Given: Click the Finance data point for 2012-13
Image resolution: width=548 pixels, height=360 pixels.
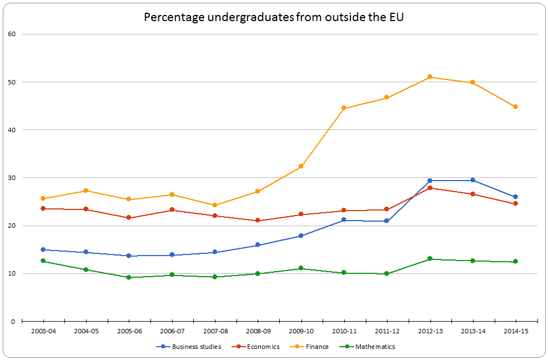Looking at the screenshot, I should [x=430, y=77].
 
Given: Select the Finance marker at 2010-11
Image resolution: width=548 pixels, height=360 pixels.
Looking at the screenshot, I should [x=344, y=108].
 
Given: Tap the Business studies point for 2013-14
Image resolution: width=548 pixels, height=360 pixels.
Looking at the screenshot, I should [x=472, y=180].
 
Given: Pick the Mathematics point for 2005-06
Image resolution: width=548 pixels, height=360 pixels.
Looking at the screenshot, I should [x=129, y=277].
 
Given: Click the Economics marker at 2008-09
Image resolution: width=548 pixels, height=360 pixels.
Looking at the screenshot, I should [x=258, y=221].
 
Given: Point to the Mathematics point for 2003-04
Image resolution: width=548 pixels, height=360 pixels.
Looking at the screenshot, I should [x=43, y=261].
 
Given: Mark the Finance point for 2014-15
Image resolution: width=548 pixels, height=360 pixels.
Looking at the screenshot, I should [x=515, y=107].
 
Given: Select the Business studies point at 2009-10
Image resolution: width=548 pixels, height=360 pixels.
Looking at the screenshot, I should [x=301, y=236].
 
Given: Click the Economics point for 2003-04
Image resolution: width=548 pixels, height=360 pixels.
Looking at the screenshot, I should [x=43, y=208].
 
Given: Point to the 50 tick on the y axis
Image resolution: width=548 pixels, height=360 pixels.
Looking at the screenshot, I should [x=11, y=82].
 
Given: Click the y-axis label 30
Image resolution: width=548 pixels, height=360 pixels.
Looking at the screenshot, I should [x=11, y=178].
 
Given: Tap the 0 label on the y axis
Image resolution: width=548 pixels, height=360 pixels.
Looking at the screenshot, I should [x=13, y=321].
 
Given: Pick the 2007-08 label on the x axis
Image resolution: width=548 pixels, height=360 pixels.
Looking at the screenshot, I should [x=215, y=331].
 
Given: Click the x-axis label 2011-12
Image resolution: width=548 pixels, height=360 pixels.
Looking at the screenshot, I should [x=387, y=331].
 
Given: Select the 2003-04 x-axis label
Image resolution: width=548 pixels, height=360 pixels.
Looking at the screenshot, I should [x=43, y=331].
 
